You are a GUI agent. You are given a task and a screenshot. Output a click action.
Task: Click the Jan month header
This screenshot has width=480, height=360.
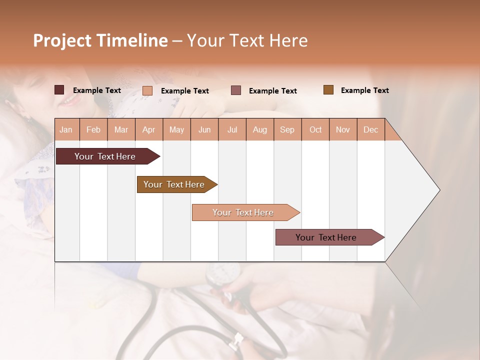point(66,129)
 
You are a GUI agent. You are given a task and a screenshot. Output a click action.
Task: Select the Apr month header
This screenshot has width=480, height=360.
point(148,129)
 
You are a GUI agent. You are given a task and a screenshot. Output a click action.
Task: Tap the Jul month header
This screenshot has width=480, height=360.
point(232,129)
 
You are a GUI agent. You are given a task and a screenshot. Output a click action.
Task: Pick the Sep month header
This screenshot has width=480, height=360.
point(287,129)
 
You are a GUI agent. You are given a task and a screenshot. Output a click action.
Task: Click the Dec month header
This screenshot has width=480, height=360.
point(370,129)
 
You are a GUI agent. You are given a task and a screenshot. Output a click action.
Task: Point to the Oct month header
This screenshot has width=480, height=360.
point(315,129)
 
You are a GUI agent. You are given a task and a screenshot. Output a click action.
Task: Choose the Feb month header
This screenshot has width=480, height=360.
point(93,129)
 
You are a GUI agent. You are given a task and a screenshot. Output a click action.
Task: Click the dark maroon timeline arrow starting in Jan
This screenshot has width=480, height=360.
point(105,156)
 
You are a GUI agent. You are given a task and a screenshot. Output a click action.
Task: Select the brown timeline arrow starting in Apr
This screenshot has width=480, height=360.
point(174,184)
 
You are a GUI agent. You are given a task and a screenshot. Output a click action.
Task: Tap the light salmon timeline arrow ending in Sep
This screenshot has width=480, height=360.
point(243,212)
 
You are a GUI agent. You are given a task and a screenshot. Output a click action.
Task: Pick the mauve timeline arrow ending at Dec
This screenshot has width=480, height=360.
point(326,237)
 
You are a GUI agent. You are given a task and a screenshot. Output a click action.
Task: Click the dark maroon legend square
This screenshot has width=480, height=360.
point(59,90)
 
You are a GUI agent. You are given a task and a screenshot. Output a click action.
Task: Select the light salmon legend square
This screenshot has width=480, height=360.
point(147,90)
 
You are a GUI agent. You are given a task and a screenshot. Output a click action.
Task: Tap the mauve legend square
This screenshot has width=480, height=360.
point(236,90)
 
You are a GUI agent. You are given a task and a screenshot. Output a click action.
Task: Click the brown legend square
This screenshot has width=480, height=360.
point(328,89)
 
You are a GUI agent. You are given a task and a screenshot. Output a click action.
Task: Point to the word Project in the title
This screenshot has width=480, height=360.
point(62,40)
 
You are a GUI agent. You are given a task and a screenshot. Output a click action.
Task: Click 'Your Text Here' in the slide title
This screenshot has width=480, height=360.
point(247,40)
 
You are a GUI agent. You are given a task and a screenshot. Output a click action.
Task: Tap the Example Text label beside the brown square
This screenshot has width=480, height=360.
point(364,90)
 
